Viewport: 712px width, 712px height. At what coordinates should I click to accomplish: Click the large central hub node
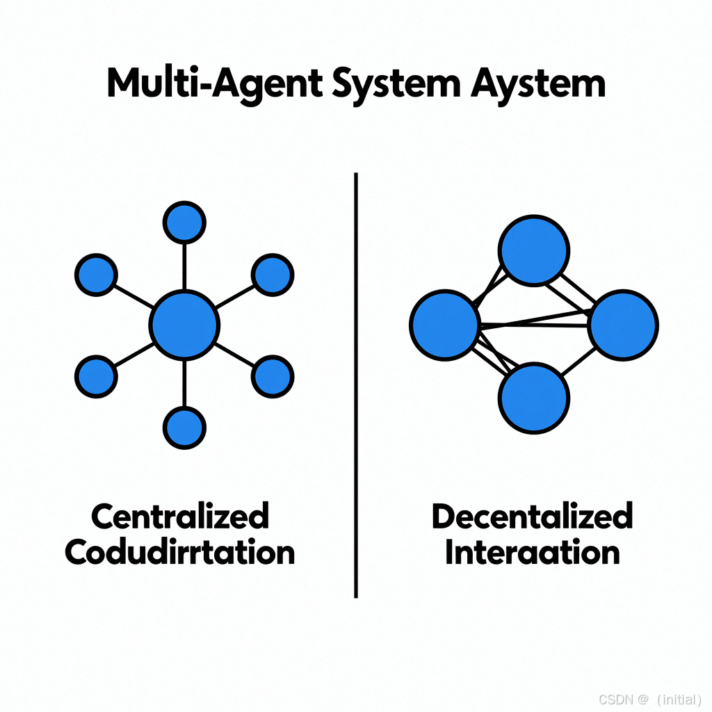tap(185, 325)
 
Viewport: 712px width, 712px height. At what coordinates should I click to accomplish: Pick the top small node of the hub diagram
tap(184, 222)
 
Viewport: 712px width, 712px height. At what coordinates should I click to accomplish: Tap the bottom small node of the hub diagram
tap(184, 426)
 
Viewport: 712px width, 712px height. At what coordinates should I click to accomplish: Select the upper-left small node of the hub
tap(95, 275)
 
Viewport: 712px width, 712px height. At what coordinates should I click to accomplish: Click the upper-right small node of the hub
tap(272, 275)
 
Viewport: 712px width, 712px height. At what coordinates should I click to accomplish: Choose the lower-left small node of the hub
tap(95, 376)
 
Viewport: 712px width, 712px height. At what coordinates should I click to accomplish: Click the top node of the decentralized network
tap(534, 250)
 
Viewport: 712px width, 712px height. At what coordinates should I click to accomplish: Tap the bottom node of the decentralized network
tap(534, 398)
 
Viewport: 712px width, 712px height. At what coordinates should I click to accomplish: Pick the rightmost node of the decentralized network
tap(623, 325)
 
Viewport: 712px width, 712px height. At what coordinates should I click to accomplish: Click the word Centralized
tap(180, 517)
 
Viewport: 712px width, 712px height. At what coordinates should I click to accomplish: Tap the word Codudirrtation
tap(180, 553)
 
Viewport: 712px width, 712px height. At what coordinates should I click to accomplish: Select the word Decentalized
tap(533, 517)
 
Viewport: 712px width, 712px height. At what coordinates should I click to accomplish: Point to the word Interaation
tap(533, 553)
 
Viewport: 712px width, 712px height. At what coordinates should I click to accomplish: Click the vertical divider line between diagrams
tap(356, 382)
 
